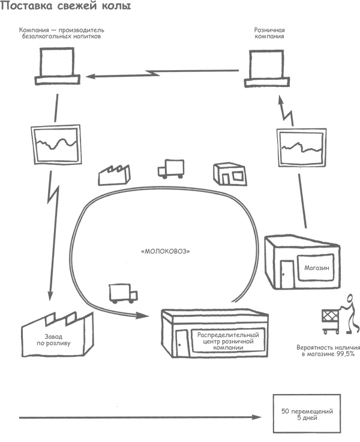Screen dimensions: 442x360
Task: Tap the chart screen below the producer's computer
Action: [55, 144]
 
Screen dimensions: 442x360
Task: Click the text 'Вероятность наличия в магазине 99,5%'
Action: [328, 351]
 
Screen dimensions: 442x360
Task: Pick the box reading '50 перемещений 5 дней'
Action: [307, 413]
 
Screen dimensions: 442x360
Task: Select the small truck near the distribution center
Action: [123, 293]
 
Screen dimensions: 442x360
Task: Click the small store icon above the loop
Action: [229, 174]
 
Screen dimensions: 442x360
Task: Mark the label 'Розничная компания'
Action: [268, 32]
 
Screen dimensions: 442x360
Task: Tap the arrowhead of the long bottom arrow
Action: [259, 417]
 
